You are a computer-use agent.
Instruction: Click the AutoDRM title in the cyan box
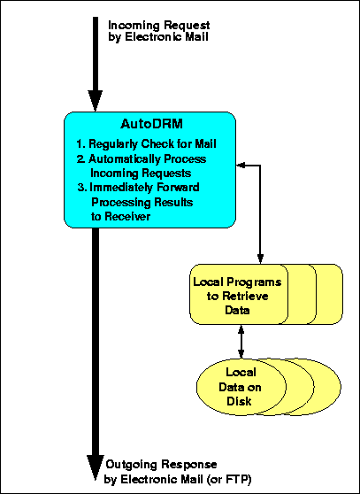(151, 124)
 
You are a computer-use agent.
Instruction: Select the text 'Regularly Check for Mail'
(153, 144)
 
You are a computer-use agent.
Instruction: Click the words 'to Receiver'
(121, 216)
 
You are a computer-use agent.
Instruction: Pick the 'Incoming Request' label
(159, 25)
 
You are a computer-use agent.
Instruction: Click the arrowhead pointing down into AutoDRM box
(95, 101)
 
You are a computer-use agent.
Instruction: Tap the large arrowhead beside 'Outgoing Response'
(95, 467)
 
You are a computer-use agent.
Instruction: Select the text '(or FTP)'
(229, 480)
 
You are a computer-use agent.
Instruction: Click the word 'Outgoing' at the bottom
(131, 466)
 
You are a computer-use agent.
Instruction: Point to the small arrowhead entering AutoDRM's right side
(241, 165)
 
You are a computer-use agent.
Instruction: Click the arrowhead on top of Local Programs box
(260, 259)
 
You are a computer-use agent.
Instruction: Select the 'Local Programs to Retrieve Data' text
(237, 296)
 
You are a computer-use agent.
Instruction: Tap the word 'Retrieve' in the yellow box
(245, 297)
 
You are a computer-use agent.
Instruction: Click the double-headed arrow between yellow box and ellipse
(241, 342)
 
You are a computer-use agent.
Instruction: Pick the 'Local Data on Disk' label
(240, 387)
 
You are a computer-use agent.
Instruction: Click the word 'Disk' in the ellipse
(239, 401)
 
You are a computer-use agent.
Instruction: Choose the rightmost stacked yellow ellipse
(327, 387)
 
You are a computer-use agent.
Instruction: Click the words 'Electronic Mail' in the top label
(166, 37)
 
